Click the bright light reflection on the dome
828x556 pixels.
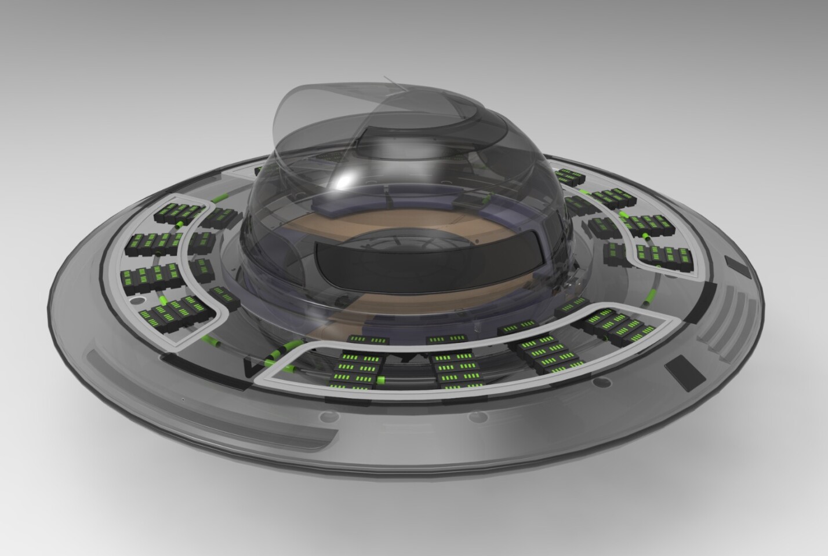point(343,181)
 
